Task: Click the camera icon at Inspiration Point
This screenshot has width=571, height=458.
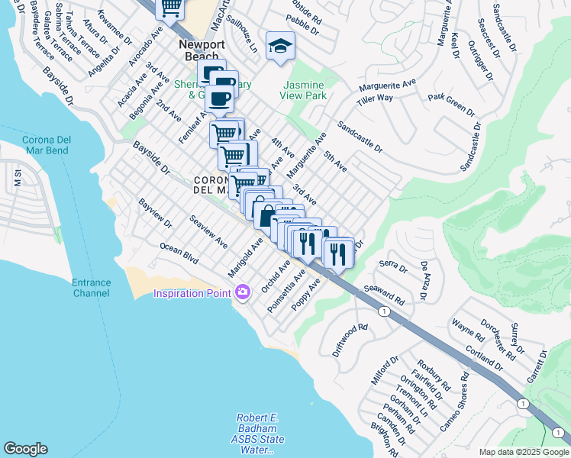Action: coord(243,292)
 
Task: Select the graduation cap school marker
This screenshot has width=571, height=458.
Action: coord(280,47)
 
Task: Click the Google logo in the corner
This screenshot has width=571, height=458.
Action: coord(26,449)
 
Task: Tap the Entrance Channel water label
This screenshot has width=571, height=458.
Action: coord(91,288)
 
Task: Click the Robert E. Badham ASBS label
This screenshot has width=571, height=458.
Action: coord(260,434)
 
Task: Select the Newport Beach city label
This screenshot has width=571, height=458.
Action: coord(202,50)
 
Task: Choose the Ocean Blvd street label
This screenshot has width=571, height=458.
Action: coord(179,254)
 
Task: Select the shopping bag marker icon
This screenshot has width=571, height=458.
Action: coord(265,215)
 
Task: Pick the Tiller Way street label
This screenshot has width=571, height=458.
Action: coord(374,98)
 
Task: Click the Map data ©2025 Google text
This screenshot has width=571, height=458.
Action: coord(523,452)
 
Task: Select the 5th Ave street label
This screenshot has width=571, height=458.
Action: coord(334,161)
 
